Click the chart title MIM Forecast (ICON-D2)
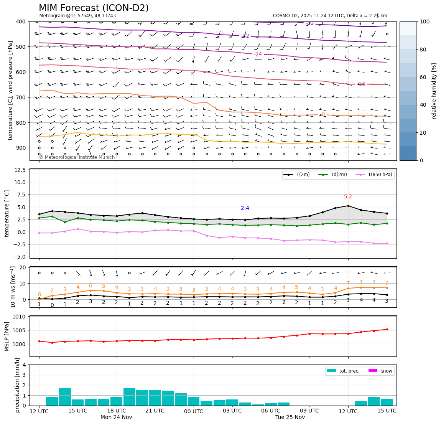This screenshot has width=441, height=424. coord(94,8)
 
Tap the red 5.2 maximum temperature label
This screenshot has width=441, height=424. coord(348,197)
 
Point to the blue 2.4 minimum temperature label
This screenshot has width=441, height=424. coord(245,208)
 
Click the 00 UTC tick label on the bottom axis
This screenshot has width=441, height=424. coord(194,411)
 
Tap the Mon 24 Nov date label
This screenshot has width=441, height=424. coord(116,417)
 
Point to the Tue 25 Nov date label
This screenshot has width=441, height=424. coord(290,417)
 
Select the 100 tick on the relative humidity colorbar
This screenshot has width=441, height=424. coord(425,21)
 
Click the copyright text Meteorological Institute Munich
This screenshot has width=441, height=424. coord(77,157)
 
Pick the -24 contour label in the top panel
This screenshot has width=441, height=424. coord(258,54)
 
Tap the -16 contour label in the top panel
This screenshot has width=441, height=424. coord(361,84)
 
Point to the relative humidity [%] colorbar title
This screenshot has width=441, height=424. coord(434,91)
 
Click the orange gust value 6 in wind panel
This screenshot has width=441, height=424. coord(91,286)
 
